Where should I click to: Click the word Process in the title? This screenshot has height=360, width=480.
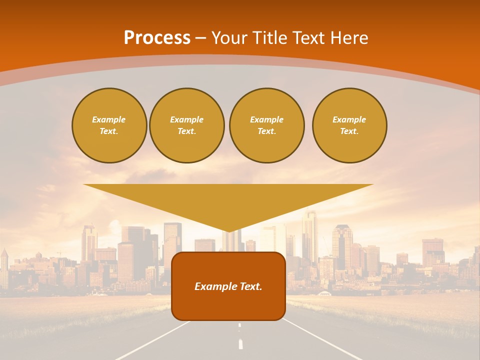(157, 38)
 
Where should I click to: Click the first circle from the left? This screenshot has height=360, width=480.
(109, 125)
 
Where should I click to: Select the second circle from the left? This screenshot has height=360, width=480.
(187, 125)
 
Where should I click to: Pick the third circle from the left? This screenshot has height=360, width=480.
(266, 125)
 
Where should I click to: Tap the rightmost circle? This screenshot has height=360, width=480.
(349, 125)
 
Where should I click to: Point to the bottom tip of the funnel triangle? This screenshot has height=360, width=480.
(228, 231)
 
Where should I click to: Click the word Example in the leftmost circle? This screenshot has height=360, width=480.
(109, 120)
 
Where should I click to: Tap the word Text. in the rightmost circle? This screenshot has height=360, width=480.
(349, 131)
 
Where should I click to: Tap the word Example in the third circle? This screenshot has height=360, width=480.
(266, 120)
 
